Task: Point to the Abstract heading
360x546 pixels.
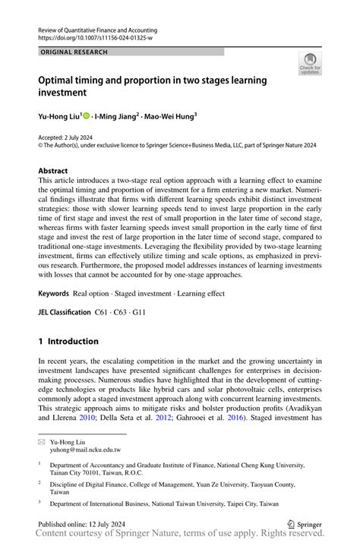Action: [53, 171]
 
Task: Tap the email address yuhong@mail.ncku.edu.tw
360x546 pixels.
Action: [85, 450]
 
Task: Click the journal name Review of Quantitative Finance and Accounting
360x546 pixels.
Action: [101, 27]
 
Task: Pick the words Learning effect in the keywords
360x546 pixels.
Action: [202, 292]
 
